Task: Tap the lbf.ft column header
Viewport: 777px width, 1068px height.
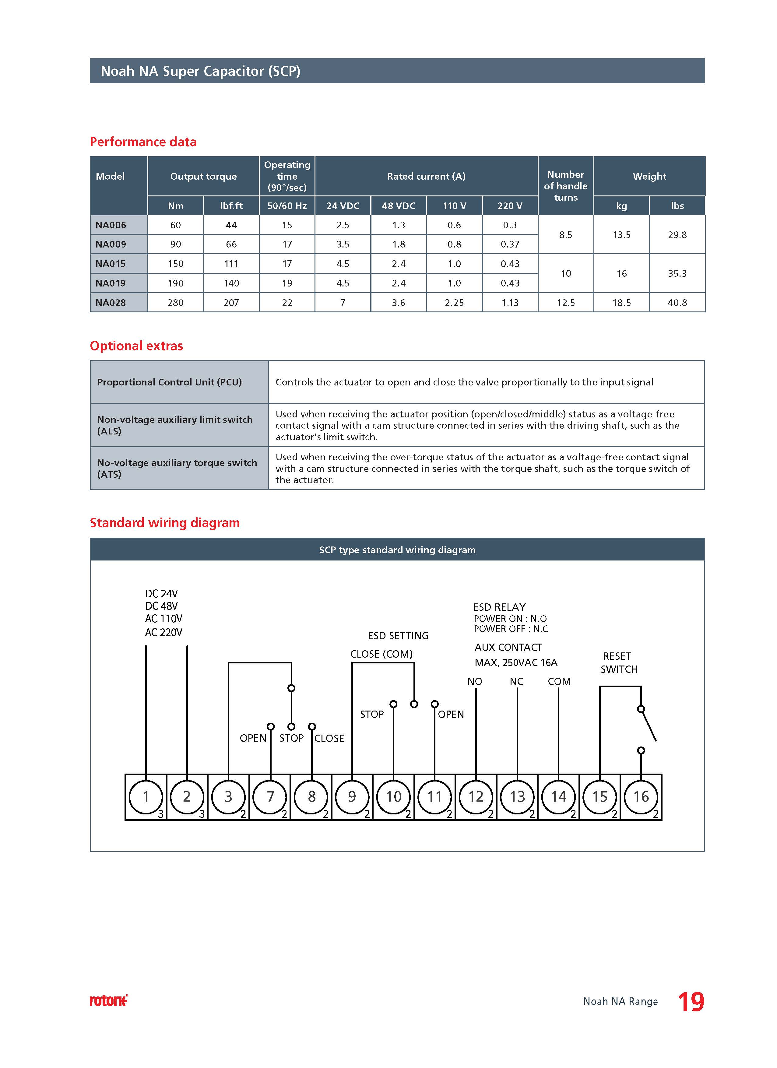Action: point(231,206)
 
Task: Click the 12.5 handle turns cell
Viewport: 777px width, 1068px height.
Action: point(566,302)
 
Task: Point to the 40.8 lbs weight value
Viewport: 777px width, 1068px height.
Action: point(677,302)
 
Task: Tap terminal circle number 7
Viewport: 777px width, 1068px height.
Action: point(270,796)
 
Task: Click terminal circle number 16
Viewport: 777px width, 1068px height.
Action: point(641,796)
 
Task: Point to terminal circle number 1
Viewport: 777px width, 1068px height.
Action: point(146,796)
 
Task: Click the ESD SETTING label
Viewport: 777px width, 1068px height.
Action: point(398,636)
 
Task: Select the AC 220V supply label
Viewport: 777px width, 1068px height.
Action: point(163,632)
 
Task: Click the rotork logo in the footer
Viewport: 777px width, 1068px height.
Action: point(108,1001)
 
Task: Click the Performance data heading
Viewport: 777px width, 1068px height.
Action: point(143,142)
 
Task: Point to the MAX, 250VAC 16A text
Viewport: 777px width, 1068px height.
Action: point(516,662)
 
